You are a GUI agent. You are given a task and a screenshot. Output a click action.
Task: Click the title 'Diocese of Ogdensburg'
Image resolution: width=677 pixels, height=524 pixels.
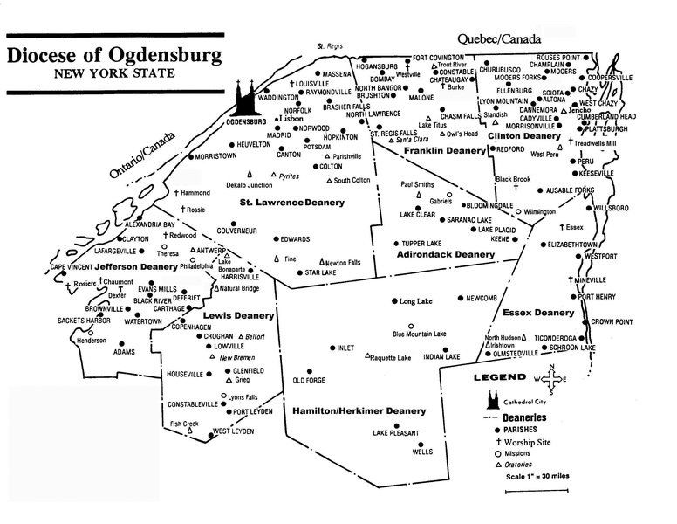[113, 55]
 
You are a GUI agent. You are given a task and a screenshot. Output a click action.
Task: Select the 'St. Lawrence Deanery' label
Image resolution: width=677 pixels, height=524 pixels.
[291, 203]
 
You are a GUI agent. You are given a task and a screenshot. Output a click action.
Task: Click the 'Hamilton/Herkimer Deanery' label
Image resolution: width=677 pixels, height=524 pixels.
[346, 410]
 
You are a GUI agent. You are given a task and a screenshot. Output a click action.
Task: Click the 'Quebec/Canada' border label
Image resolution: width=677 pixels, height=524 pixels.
[498, 39]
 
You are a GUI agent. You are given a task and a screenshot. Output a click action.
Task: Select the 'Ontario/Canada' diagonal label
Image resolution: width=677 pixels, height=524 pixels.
[142, 157]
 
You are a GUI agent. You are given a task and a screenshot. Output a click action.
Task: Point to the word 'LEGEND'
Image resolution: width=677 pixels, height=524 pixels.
[499, 378]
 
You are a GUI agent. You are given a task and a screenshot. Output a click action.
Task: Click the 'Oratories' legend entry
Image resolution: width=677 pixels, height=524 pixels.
[524, 465]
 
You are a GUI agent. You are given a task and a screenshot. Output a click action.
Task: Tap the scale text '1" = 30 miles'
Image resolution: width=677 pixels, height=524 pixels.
[534, 477]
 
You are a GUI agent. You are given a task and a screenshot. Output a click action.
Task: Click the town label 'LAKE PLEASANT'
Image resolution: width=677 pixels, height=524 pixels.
[396, 433]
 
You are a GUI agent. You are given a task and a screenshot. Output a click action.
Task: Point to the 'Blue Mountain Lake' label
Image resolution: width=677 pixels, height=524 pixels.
[423, 334]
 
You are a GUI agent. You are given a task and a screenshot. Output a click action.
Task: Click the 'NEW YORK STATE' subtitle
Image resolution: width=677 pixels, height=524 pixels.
[113, 73]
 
